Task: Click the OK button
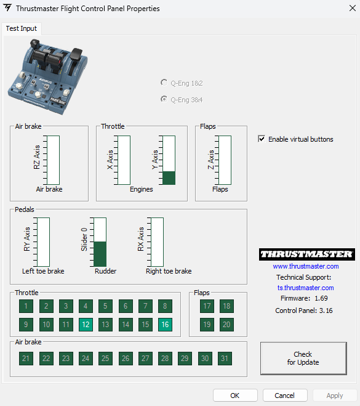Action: tap(235, 396)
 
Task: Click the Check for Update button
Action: tap(303, 358)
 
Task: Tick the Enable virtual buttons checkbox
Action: tap(262, 139)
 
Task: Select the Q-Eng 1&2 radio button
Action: tap(164, 83)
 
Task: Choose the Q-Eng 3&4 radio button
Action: tap(164, 99)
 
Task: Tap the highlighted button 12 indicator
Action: tap(86, 325)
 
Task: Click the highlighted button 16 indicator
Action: tap(165, 325)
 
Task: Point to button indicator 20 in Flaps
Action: tap(226, 325)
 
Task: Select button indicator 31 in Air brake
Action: tap(225, 359)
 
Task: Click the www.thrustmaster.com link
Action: tap(306, 266)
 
